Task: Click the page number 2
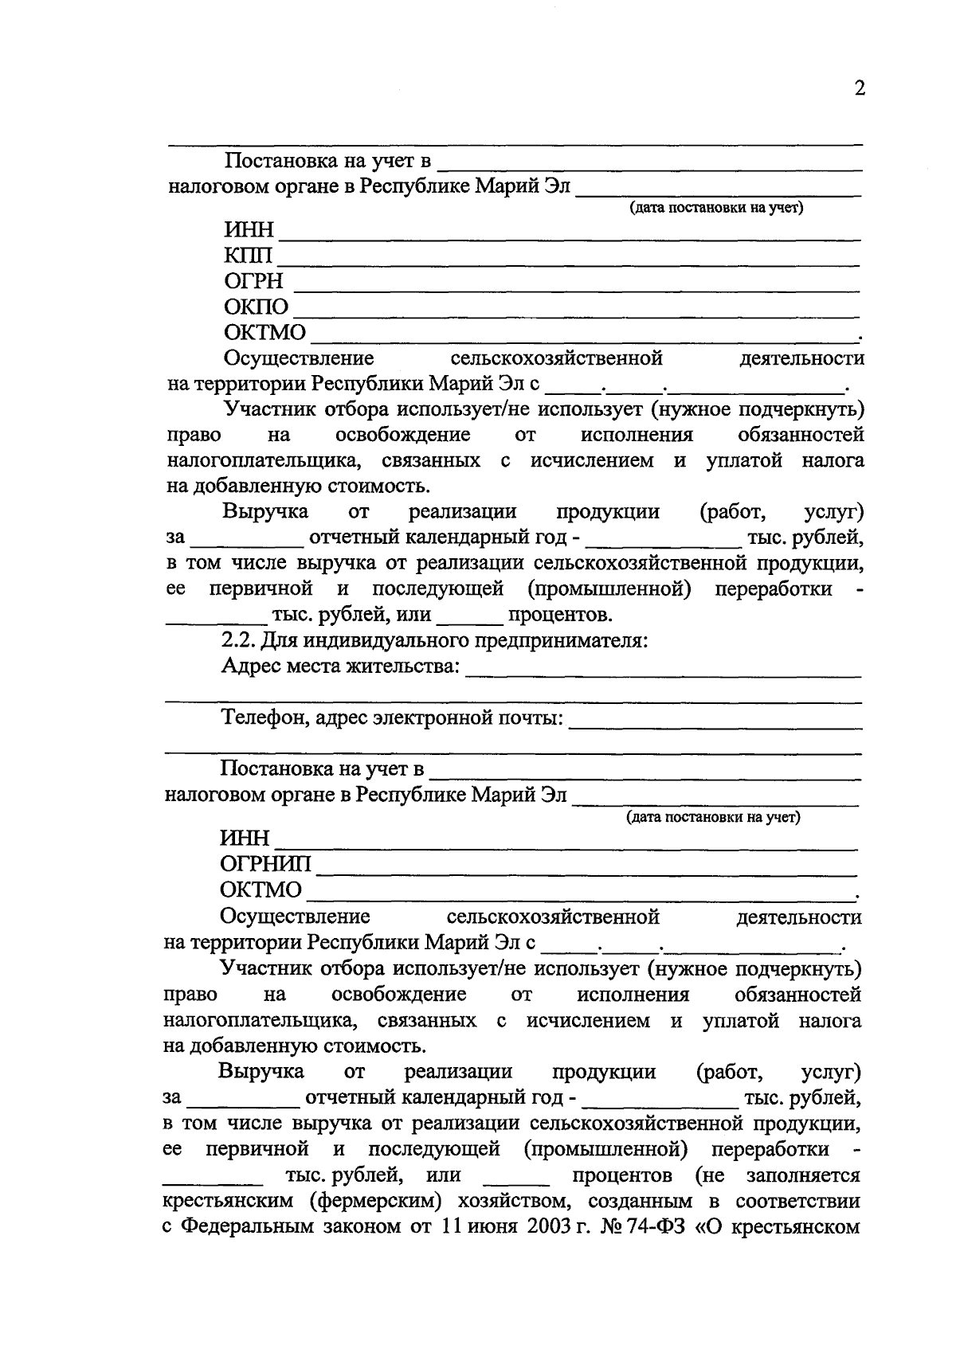[x=859, y=88]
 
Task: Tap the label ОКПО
[x=257, y=307]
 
